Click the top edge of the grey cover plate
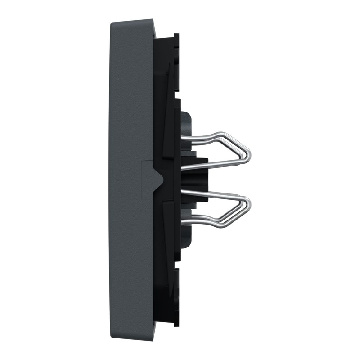[133, 20]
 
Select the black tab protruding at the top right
[176, 45]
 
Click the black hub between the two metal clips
[198, 179]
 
